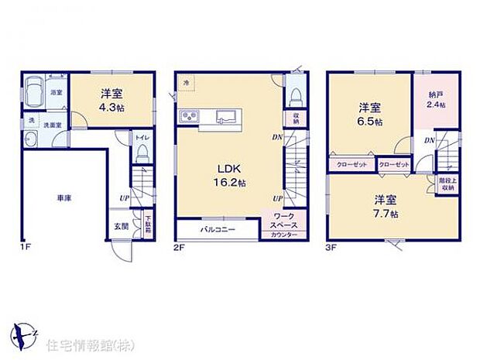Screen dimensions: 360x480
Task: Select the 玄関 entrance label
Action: [122, 226]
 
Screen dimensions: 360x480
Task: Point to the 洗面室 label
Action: [53, 124]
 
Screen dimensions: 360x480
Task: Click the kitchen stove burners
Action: [190, 118]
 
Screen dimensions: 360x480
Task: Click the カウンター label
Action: [284, 234]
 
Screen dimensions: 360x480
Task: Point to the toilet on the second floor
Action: [294, 96]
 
